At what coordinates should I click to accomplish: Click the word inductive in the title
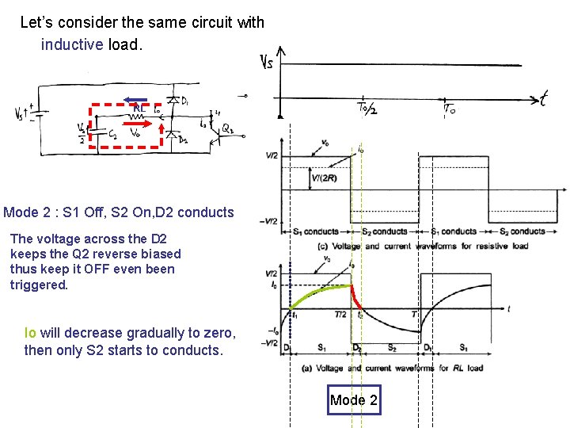(72, 45)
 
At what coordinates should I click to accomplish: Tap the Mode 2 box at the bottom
(354, 400)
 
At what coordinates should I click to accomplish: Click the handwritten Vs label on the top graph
(267, 61)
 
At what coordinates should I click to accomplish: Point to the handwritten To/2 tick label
(367, 109)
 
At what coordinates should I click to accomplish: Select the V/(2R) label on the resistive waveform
(323, 178)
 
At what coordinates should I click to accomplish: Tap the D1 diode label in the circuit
(184, 101)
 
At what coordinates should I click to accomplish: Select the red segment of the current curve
(356, 299)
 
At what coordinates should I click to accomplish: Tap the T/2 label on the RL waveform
(340, 315)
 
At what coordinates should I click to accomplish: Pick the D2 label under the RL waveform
(357, 347)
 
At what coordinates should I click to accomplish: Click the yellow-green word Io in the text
(30, 333)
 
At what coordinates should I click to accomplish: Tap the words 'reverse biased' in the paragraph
(135, 254)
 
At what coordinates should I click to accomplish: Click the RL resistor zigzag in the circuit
(138, 117)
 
